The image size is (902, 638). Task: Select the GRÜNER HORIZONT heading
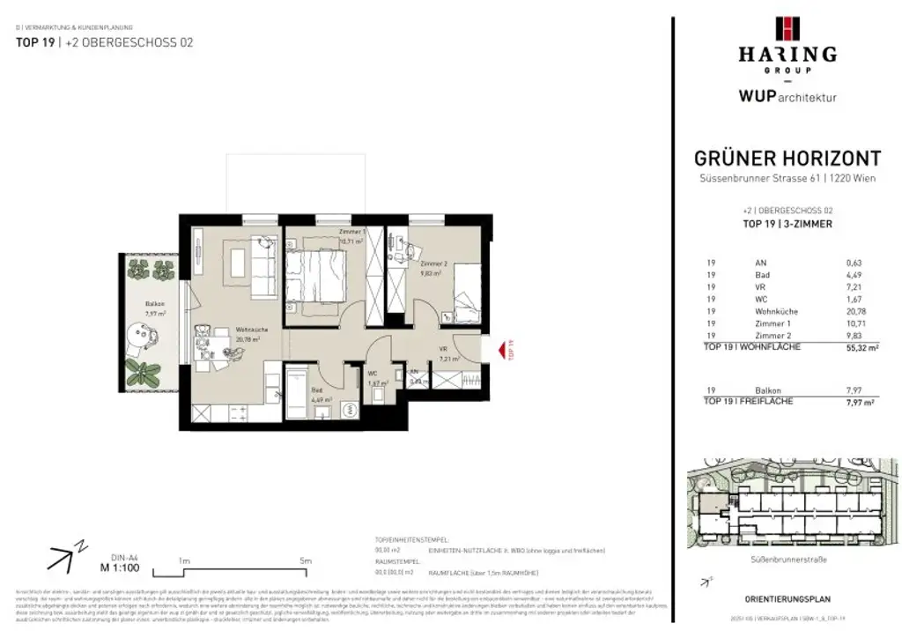pyautogui.click(x=787, y=159)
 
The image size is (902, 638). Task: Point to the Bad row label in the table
pyautogui.click(x=762, y=274)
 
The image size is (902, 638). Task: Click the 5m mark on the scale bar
pyautogui.click(x=306, y=560)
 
